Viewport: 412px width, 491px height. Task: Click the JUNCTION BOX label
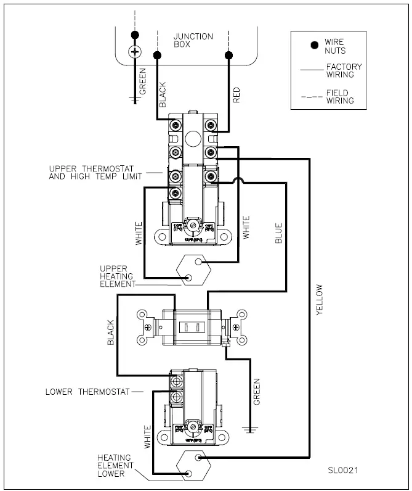(193, 41)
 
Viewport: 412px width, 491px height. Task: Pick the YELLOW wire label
(319, 300)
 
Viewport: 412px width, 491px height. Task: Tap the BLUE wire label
(278, 233)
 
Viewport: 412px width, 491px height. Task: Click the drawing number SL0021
(343, 470)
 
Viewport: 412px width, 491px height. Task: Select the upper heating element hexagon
(193, 270)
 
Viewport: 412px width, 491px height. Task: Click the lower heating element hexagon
(193, 466)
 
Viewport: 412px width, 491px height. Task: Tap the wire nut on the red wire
(229, 56)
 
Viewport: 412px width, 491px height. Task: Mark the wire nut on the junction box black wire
(158, 56)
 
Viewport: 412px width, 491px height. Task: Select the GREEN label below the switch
(257, 392)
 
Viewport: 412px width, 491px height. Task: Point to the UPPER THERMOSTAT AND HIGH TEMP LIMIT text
(95, 172)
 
